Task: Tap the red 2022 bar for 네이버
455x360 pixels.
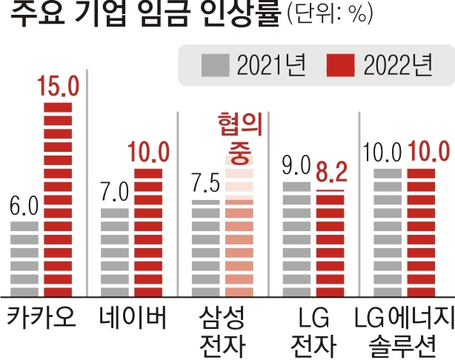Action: pyautogui.click(x=149, y=232)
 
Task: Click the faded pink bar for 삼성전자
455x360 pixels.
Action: pyautogui.click(x=239, y=226)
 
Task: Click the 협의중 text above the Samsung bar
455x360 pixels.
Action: pyautogui.click(x=239, y=133)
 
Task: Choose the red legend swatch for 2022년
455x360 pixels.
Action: pyautogui.click(x=342, y=66)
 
